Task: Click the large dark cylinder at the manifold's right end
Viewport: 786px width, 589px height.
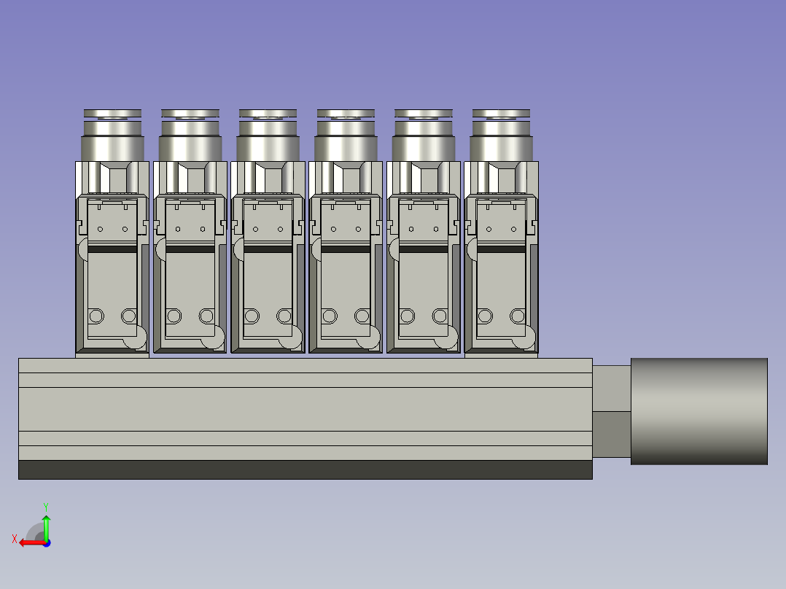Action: point(699,411)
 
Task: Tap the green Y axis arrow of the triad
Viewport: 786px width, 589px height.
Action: point(46,522)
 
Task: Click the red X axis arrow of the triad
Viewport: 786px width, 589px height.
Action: point(28,542)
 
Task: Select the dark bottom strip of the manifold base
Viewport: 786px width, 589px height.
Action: point(305,469)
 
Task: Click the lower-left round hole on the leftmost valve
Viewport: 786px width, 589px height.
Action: point(96,316)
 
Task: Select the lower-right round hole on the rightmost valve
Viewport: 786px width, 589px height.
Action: point(517,316)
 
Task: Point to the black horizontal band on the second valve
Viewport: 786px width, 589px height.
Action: point(190,249)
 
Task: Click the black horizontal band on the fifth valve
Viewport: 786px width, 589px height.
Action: point(423,249)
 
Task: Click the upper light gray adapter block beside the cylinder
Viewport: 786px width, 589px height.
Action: point(611,388)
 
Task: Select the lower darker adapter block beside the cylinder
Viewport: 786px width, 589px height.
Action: point(611,434)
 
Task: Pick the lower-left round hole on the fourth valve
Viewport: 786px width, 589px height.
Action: point(329,316)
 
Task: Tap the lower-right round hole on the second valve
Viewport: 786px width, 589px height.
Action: point(206,316)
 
